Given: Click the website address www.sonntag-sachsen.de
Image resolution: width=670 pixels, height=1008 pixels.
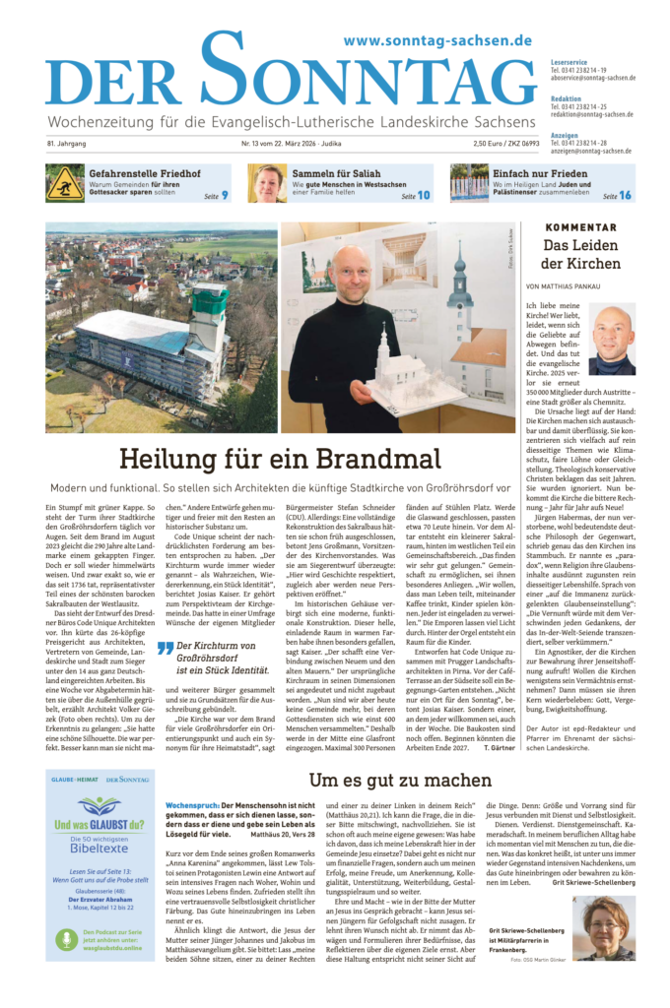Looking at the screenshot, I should tap(437, 40).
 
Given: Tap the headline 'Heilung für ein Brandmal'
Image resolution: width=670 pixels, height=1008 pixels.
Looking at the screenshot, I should tap(280, 460).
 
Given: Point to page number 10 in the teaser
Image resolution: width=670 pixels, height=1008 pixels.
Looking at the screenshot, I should tap(424, 196).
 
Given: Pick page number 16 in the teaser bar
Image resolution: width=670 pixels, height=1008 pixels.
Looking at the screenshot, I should tap(625, 196).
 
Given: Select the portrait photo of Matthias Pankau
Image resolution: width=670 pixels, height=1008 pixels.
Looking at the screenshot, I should tap(612, 341).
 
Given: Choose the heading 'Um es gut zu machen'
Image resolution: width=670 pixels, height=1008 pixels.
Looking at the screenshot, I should tap(388, 780).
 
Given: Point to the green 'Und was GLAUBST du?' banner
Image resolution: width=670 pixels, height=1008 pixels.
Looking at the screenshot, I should tap(100, 824).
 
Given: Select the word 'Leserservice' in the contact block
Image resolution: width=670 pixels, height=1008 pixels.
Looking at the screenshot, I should tap(570, 61).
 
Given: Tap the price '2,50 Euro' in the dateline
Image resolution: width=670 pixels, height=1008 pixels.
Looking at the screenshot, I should tap(472, 144).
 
